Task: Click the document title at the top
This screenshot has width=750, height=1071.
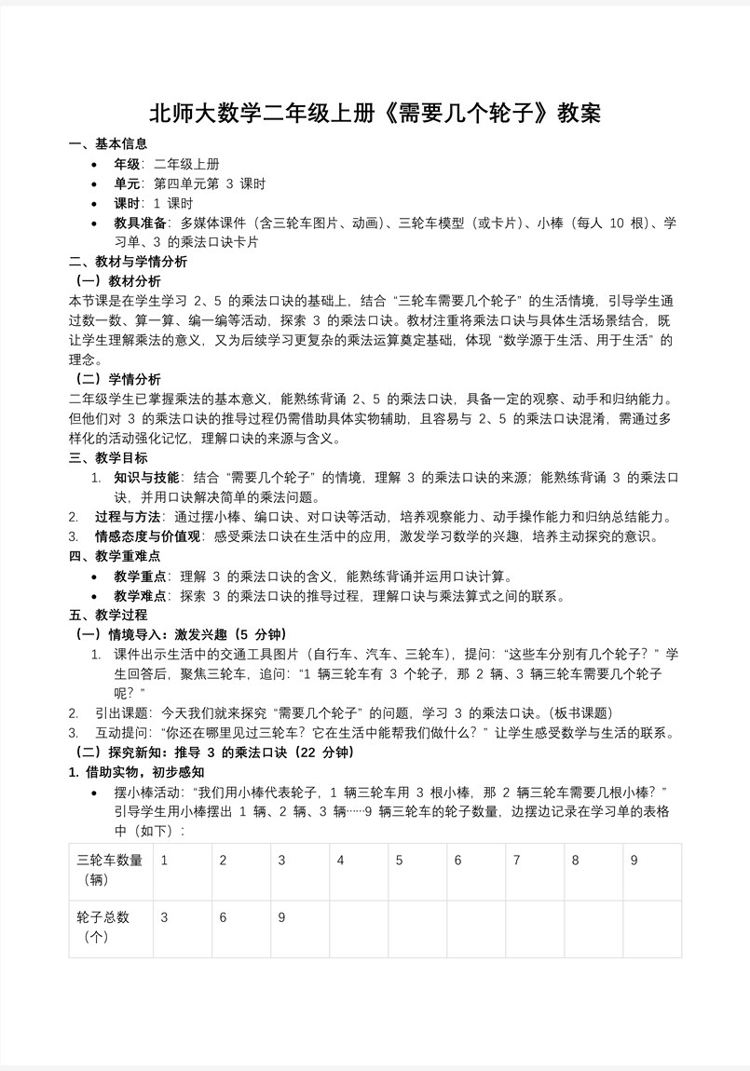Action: click(375, 114)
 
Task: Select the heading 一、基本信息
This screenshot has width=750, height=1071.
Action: click(108, 143)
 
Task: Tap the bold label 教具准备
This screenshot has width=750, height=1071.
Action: click(142, 223)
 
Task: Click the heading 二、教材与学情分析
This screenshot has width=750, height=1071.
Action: click(128, 262)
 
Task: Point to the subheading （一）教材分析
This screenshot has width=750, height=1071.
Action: click(117, 280)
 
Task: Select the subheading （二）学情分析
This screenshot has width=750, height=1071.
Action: click(117, 379)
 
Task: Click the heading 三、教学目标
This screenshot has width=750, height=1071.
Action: click(108, 457)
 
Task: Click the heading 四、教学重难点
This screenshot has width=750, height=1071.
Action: click(115, 556)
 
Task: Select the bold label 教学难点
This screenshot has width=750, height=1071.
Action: click(142, 596)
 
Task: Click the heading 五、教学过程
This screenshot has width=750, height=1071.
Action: click(108, 615)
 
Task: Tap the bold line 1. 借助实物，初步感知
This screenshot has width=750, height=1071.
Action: click(137, 772)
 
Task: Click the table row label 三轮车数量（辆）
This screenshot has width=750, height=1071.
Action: click(110, 870)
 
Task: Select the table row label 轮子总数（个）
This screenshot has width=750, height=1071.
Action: click(103, 928)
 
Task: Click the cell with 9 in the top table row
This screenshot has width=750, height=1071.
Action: click(634, 861)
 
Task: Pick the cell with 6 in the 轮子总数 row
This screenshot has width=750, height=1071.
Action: click(224, 917)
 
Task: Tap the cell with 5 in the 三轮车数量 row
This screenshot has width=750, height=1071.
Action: click(399, 861)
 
